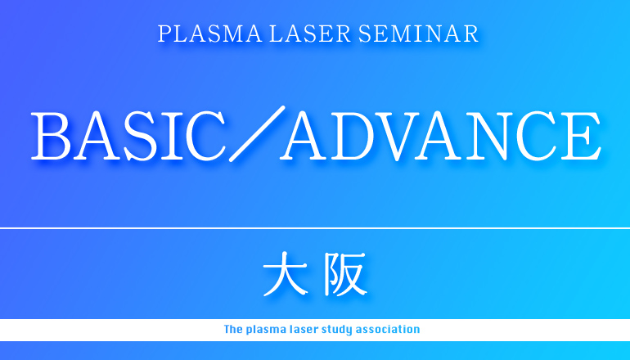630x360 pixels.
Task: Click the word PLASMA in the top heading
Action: coord(209,34)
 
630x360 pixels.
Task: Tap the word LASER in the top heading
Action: coord(310,34)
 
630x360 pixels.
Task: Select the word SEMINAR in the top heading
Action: coord(418,34)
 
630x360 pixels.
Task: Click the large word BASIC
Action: coord(128,136)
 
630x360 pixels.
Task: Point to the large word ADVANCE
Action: coord(441,136)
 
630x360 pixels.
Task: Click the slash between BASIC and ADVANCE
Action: coord(257,134)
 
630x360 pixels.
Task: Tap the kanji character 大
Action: coord(286,274)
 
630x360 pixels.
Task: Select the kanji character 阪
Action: coord(345,274)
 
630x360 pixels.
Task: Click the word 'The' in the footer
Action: coord(233,330)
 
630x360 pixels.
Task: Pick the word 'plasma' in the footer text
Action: coord(266,330)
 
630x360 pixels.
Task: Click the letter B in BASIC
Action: coord(51,136)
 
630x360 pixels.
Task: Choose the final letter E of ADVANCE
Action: coord(581,136)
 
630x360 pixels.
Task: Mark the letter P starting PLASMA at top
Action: coord(164,34)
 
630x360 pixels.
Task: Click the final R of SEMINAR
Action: coord(470,34)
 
